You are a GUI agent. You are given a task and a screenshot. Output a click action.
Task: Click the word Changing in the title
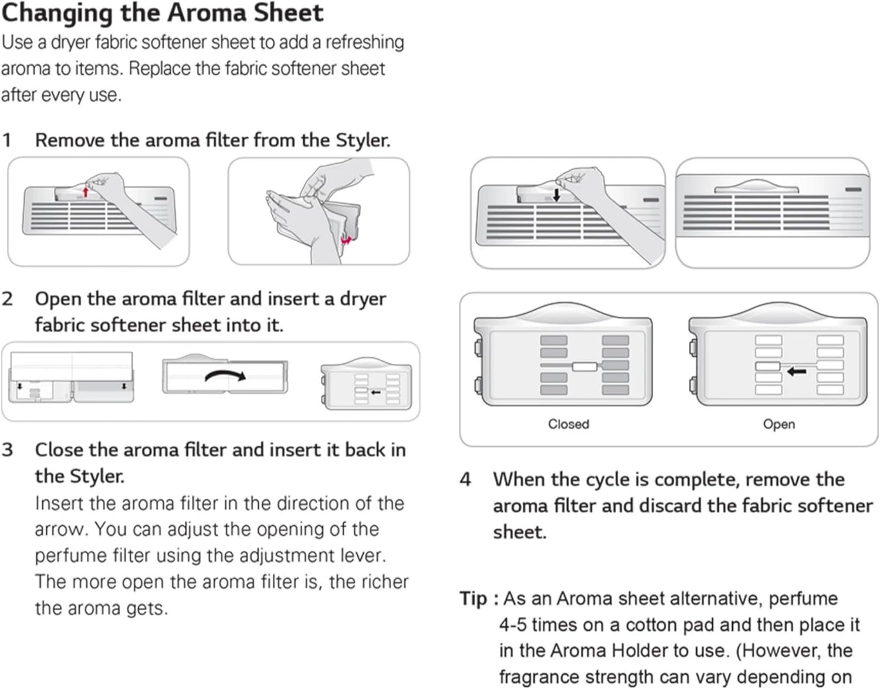pyautogui.click(x=56, y=13)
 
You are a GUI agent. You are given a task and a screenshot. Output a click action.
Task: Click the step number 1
pyautogui.click(x=7, y=140)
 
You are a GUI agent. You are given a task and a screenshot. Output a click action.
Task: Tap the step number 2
pyautogui.click(x=7, y=299)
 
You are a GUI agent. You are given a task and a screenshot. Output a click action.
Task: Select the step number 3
pyautogui.click(x=7, y=450)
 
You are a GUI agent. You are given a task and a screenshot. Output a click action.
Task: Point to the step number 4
pyautogui.click(x=465, y=479)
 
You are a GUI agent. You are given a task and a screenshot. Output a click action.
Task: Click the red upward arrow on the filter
pyautogui.click(x=86, y=191)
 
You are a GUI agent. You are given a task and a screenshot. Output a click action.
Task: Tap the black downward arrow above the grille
pyautogui.click(x=556, y=195)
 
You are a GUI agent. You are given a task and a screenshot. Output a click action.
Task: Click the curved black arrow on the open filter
pyautogui.click(x=225, y=376)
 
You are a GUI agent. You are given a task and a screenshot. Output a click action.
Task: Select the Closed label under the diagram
pyautogui.click(x=568, y=424)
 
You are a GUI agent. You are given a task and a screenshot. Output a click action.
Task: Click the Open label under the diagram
pyautogui.click(x=779, y=424)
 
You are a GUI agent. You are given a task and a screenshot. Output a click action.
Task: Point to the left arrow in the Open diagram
pyautogui.click(x=796, y=371)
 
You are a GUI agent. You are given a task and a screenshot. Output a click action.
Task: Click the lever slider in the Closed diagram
pyautogui.click(x=584, y=366)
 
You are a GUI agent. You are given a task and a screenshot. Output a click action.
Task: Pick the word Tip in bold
pyautogui.click(x=473, y=599)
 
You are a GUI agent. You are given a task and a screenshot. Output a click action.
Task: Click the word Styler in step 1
pyautogui.click(x=362, y=140)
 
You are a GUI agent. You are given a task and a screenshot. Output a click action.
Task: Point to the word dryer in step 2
pyautogui.click(x=363, y=299)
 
